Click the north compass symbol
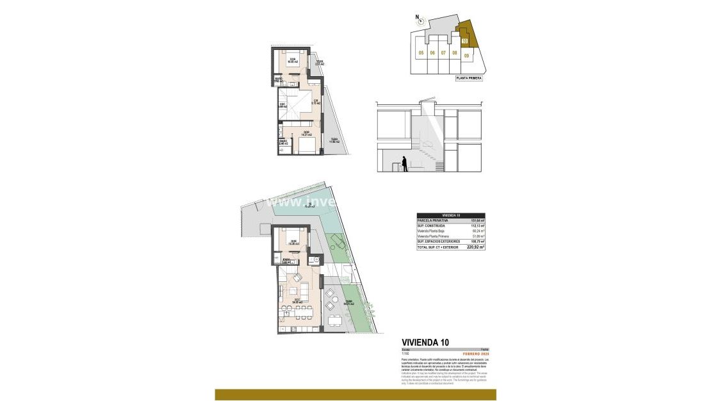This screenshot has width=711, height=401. pyautogui.click(x=417, y=18)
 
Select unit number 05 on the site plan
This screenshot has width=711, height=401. pyautogui.click(x=421, y=53)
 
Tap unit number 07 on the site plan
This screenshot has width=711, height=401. pyautogui.click(x=443, y=53)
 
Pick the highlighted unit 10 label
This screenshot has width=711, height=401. pyautogui.click(x=465, y=42)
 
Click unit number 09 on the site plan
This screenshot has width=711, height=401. pyautogui.click(x=466, y=56)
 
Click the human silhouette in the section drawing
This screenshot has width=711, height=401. pyautogui.click(x=404, y=164)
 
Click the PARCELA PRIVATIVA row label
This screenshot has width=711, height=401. pyautogui.click(x=432, y=220)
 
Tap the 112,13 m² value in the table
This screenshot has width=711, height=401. pyautogui.click(x=477, y=225)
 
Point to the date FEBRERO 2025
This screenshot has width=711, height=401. pyautogui.click(x=476, y=354)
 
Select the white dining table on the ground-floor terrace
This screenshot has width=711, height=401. pyautogui.click(x=334, y=320)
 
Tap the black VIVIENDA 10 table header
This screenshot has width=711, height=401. pyautogui.click(x=450, y=215)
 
